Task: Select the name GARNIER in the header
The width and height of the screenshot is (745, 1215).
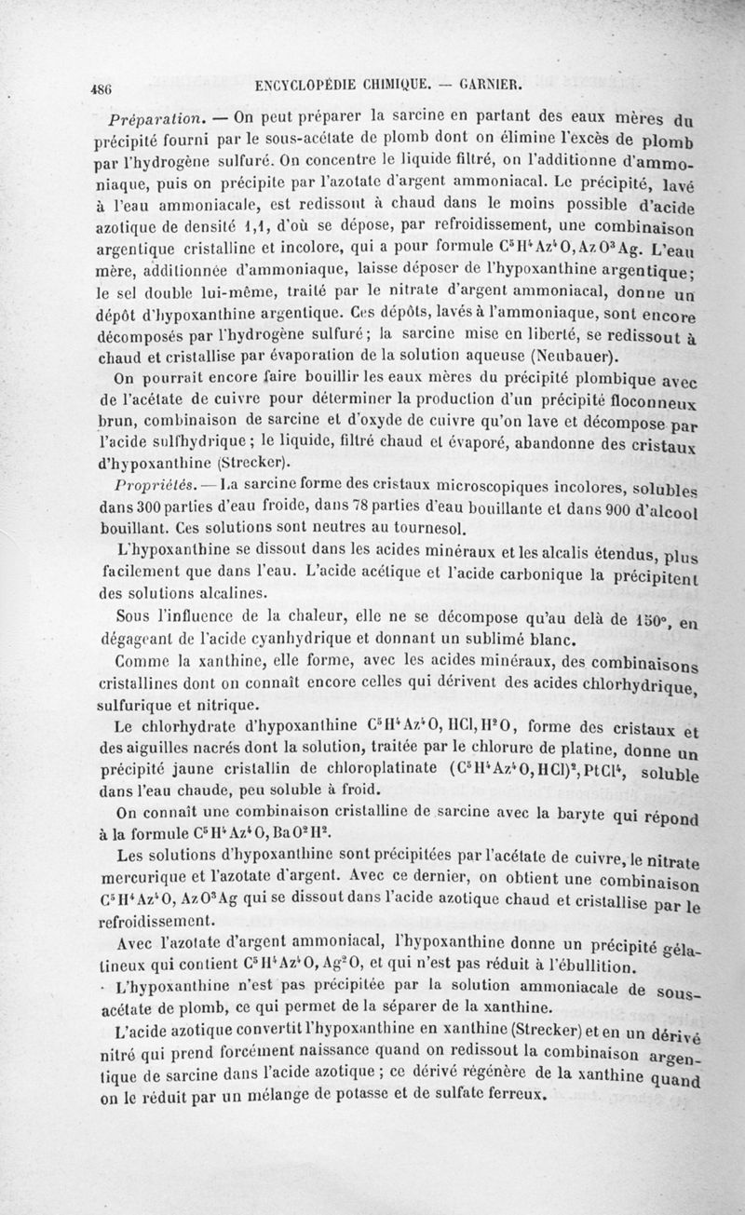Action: point(489,85)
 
